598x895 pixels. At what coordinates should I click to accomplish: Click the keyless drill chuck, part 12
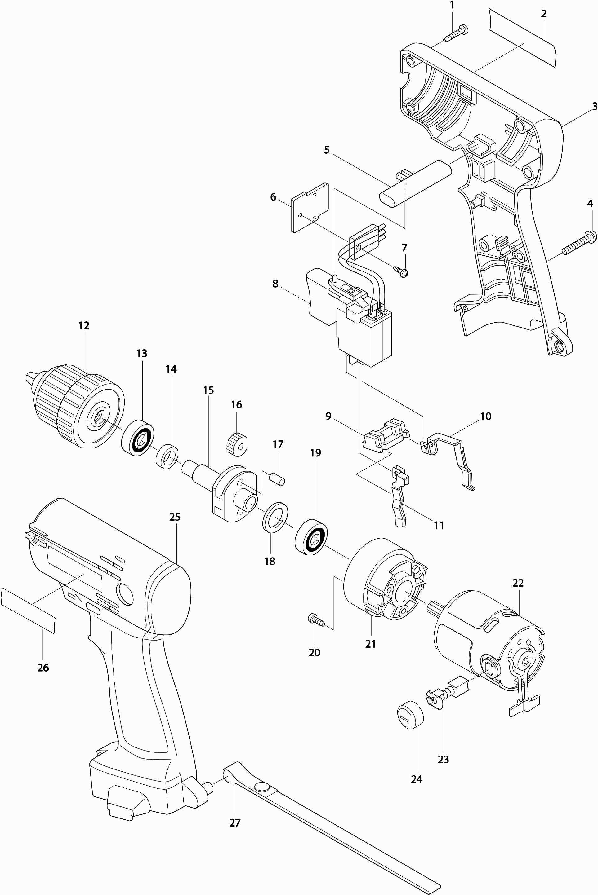click(x=75, y=407)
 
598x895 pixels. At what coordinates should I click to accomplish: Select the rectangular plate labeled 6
click(x=310, y=207)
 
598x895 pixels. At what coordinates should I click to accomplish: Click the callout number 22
click(x=518, y=583)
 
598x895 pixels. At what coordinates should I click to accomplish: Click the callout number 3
click(x=595, y=107)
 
